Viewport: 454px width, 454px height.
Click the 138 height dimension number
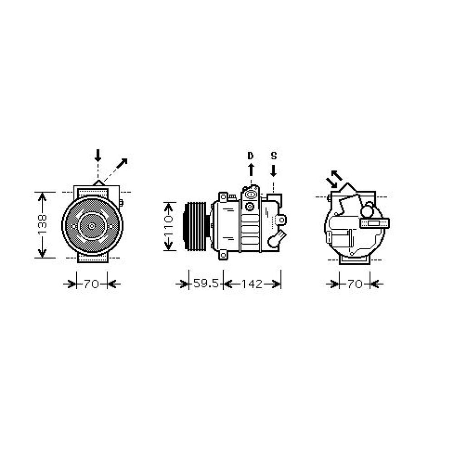click(x=42, y=225)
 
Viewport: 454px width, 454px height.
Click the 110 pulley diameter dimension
click(x=168, y=226)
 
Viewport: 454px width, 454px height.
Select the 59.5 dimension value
click(x=206, y=283)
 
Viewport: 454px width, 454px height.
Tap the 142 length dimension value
click(x=252, y=284)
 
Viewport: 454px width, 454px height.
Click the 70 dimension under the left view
click(x=92, y=284)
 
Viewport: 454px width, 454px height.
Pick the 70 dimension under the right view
click(x=355, y=284)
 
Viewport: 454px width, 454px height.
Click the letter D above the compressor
click(x=251, y=156)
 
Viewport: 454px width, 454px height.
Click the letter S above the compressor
click(x=274, y=156)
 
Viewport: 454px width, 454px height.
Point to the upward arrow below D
click(x=251, y=170)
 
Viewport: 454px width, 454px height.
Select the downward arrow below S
click(x=273, y=170)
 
